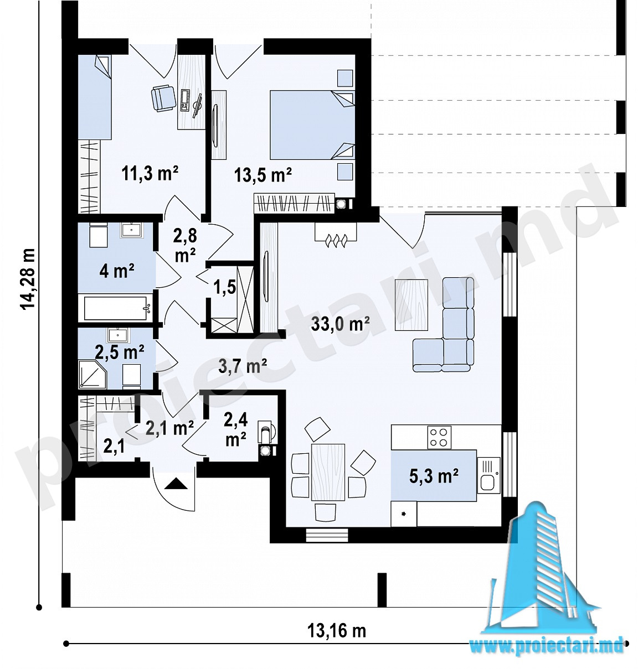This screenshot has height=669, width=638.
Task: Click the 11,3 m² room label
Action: [x=150, y=174]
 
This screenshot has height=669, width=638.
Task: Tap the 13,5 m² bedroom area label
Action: [x=263, y=175]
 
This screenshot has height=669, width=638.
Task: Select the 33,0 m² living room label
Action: [x=340, y=324]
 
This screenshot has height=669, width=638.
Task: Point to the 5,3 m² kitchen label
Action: [x=433, y=475]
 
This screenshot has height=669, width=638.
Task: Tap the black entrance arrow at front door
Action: [x=176, y=483]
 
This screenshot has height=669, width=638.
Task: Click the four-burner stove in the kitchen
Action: [x=439, y=437]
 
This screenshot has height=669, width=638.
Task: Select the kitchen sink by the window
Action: [x=488, y=475]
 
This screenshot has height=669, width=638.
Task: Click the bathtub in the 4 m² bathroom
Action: [x=116, y=308]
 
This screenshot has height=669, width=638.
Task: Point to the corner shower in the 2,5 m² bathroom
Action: [x=92, y=375]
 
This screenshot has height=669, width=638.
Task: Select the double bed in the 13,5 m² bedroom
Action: [x=312, y=125]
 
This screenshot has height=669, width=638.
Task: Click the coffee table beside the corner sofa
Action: [x=411, y=305]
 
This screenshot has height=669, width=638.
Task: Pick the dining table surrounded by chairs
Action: [x=328, y=472]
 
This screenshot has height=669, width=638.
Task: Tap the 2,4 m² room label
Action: [x=235, y=429]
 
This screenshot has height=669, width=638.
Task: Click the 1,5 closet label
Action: [x=224, y=287]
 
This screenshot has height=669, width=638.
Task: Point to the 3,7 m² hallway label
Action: [x=242, y=366]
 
